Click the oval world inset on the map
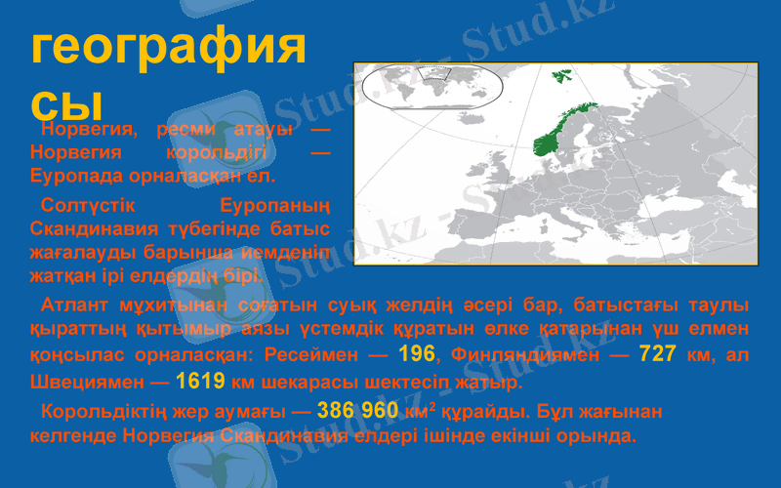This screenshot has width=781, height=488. click(432, 85)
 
